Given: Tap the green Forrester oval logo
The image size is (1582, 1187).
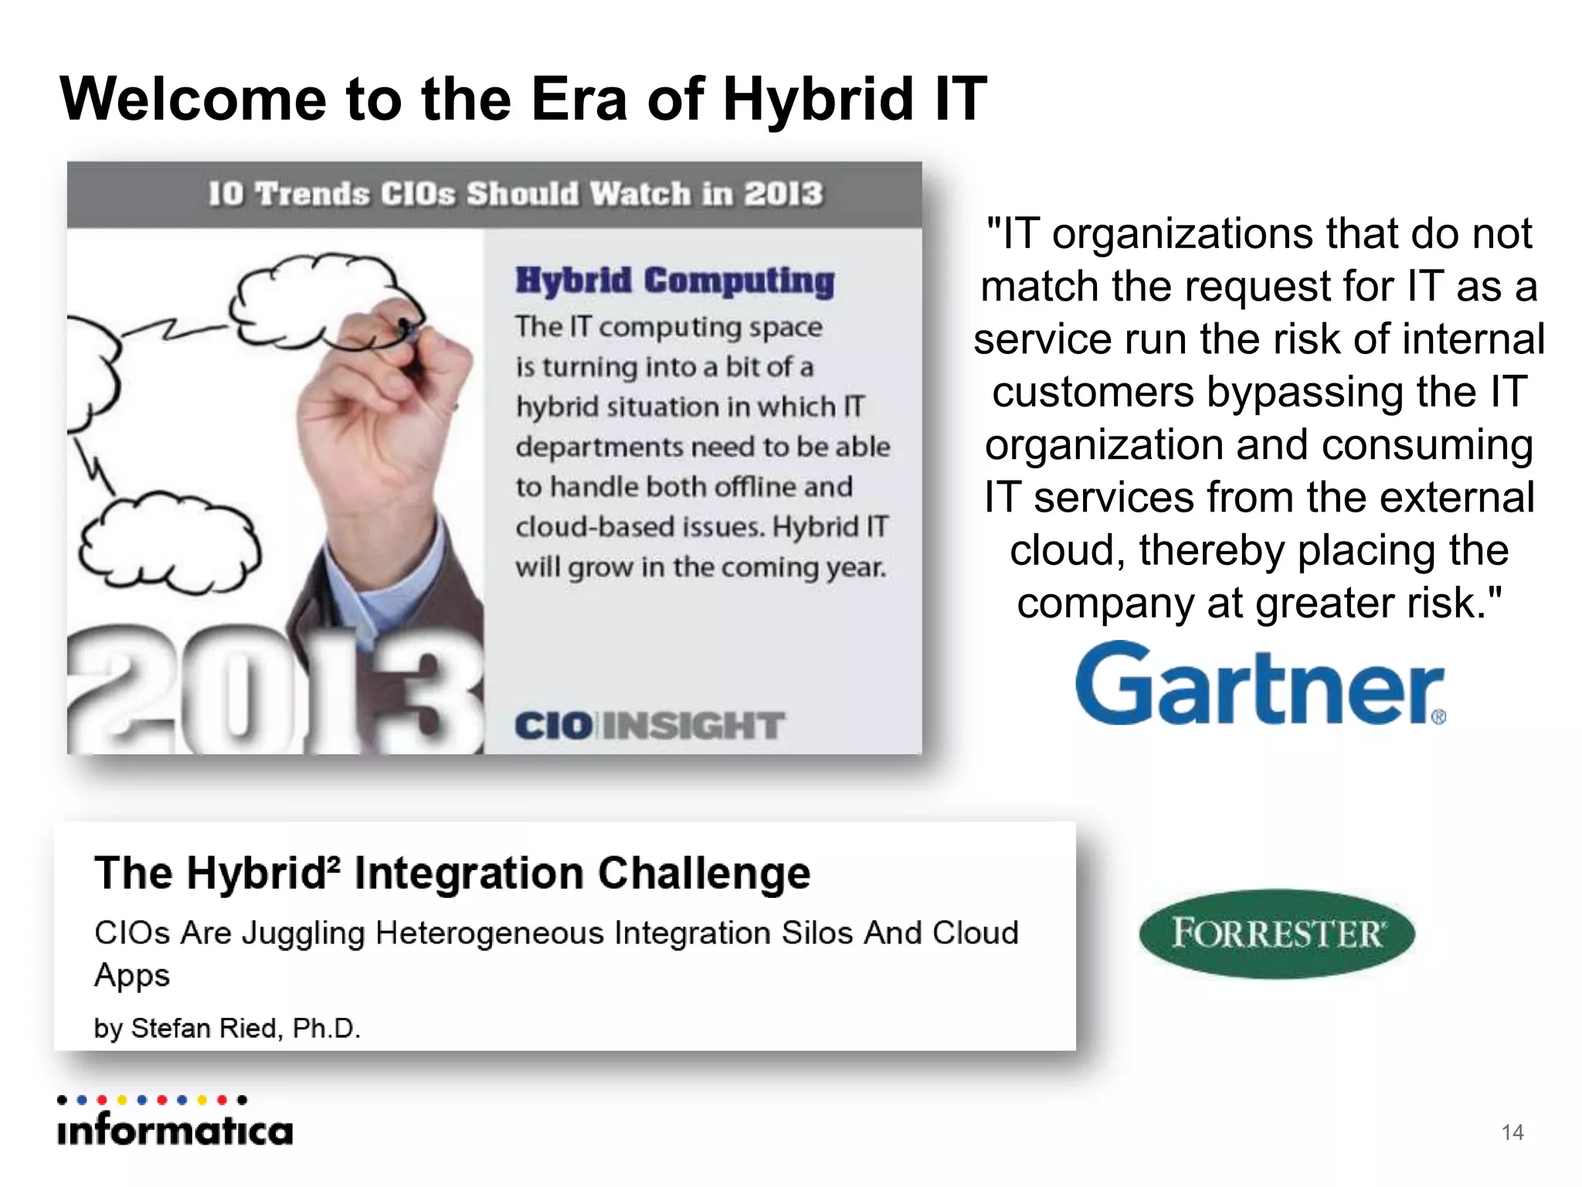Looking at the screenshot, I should (1276, 934).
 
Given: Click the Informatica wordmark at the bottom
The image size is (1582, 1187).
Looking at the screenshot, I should (175, 1131).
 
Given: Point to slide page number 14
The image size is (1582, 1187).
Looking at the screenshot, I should (1512, 1132).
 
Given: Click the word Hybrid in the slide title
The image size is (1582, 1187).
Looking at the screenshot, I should (818, 100).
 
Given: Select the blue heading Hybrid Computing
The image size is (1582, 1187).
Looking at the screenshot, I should (674, 281).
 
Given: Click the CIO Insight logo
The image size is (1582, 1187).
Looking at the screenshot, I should (649, 726).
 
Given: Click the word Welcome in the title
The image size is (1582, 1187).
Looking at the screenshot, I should (193, 100).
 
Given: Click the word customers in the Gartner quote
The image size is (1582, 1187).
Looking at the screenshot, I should (1092, 392).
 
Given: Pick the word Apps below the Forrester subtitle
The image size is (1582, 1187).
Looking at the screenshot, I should (131, 976).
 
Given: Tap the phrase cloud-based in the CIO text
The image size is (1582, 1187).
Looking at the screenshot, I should (640, 527).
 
